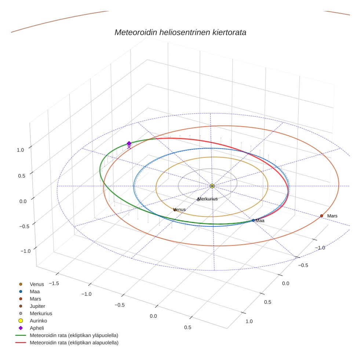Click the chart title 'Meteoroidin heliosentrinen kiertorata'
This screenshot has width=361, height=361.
(x=180, y=32)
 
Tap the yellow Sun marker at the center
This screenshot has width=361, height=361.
(x=212, y=186)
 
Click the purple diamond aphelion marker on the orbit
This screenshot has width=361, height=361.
(x=129, y=143)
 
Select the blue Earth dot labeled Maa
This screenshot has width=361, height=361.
(x=253, y=220)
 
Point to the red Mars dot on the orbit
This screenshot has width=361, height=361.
(x=321, y=216)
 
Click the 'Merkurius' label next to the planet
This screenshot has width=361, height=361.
(x=208, y=199)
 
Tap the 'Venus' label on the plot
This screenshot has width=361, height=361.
(x=179, y=209)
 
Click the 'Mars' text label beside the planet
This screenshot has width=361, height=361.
(x=332, y=216)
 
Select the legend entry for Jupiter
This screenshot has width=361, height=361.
(x=37, y=306)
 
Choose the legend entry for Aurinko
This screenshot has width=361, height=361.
(x=38, y=321)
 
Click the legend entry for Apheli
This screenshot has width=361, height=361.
(x=37, y=328)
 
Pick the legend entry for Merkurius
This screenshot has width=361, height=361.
(x=41, y=313)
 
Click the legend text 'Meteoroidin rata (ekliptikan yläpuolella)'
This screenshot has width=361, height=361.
(x=74, y=335)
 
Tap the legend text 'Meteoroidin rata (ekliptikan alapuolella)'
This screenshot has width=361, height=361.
(x=74, y=343)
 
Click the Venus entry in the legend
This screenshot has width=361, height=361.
(x=37, y=284)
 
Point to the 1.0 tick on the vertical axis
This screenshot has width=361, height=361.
(x=20, y=150)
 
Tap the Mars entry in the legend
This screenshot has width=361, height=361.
(x=35, y=299)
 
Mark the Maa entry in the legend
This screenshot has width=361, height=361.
(x=34, y=291)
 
